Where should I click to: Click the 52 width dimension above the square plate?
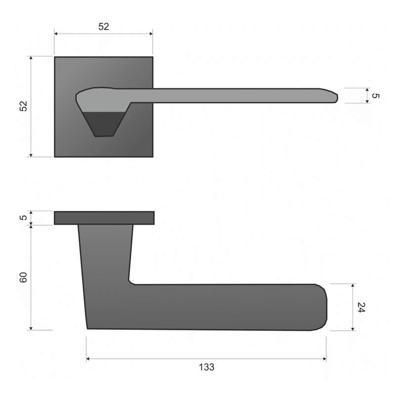pos(104,27)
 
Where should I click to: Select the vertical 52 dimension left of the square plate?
pos(23,106)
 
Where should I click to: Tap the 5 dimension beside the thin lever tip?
pos(375,96)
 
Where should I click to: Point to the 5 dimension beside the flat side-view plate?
pos(23,217)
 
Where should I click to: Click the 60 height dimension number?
pos(23,277)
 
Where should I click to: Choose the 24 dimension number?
pos(361,307)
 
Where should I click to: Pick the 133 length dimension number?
pos(206,367)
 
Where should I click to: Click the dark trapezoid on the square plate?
pos(104,124)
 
